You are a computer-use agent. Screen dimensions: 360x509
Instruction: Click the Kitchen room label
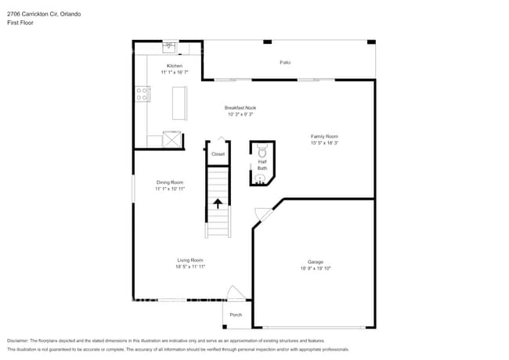pyautogui.click(x=174, y=66)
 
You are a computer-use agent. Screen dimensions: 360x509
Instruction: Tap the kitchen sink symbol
pyautogui.click(x=168, y=46)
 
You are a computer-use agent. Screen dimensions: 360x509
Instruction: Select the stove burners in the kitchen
pyautogui.click(x=143, y=94)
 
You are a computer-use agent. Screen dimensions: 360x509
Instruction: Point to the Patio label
pyautogui.click(x=285, y=62)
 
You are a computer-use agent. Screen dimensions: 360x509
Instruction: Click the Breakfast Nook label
pyautogui.click(x=240, y=107)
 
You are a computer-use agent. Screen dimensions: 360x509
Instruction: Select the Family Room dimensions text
pyautogui.click(x=324, y=143)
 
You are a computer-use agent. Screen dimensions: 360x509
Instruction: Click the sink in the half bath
pyautogui.click(x=261, y=178)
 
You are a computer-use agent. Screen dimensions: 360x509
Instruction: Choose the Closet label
pyautogui.click(x=218, y=154)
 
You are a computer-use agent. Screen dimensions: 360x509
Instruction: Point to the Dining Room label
pyautogui.click(x=169, y=182)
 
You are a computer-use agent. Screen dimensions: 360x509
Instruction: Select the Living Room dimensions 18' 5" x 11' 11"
pyautogui.click(x=190, y=267)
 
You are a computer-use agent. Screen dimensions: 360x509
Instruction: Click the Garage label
pyautogui.click(x=316, y=261)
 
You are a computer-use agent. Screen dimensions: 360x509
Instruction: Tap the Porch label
pyautogui.click(x=236, y=315)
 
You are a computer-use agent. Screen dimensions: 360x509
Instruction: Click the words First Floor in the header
pyautogui.click(x=20, y=23)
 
